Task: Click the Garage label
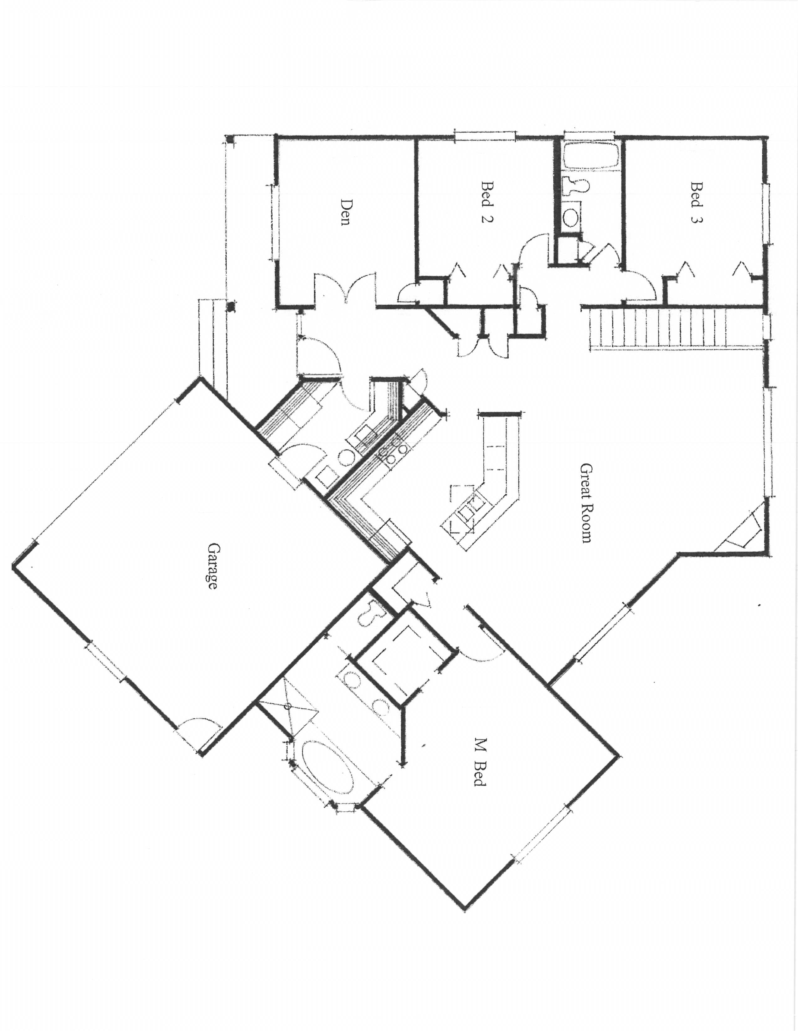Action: (213, 566)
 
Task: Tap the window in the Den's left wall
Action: (273, 222)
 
